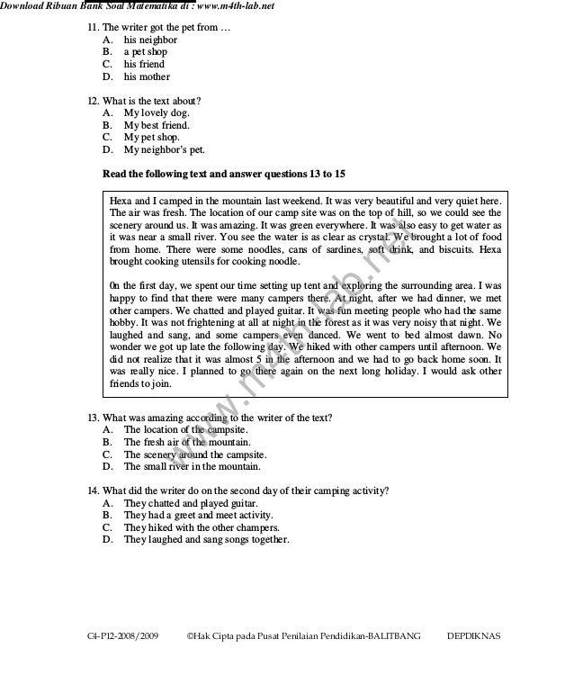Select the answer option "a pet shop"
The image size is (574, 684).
pos(145,52)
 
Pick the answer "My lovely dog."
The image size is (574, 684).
pos(157,113)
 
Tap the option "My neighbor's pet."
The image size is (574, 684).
pos(164,150)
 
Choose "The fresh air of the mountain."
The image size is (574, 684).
pos(185,443)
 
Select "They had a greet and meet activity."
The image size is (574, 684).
pos(199,516)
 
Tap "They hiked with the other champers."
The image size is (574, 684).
pos(201,527)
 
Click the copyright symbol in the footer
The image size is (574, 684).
pos(189,636)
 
